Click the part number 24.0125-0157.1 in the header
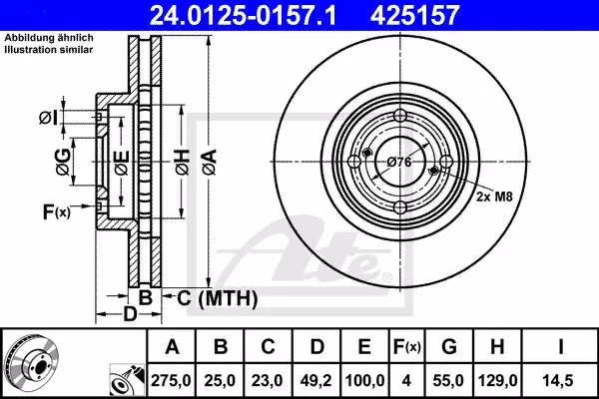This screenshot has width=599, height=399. coord(244,15)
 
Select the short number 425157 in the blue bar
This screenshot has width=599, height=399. coord(414,15)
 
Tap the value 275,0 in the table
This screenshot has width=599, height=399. coord(171,380)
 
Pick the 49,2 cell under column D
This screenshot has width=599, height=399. coord(315,380)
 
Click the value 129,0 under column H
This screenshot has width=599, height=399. coord(497,380)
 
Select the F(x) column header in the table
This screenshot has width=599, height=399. coord(406,347)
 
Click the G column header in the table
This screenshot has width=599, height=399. coord(449,347)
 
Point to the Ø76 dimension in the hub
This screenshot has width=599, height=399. coord(399,162)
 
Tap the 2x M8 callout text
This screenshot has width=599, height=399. coord(494,197)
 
